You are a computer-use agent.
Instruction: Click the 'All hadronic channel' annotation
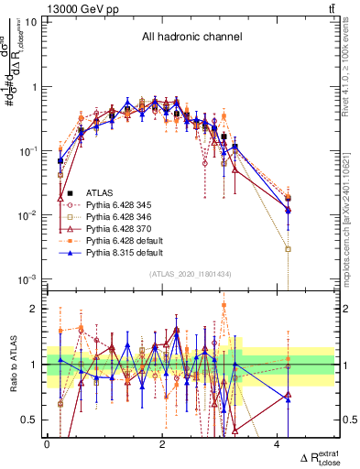pos(191,38)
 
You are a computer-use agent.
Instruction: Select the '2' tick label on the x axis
pos(162,443)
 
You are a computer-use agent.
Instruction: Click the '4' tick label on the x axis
pos(278,443)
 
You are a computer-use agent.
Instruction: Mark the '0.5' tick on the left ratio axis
pos(30,420)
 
